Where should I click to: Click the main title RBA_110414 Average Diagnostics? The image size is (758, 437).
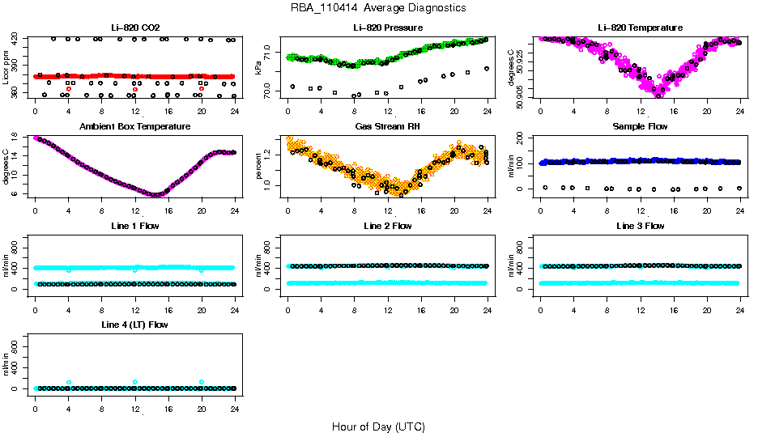378,7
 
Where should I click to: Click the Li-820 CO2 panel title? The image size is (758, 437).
135,28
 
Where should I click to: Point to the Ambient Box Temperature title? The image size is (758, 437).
135,126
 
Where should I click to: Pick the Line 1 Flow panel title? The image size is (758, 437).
135,226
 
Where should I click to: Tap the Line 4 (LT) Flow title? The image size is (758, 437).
135,325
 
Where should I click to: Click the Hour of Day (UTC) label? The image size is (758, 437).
378,426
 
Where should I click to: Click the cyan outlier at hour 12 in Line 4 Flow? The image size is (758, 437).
135,382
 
